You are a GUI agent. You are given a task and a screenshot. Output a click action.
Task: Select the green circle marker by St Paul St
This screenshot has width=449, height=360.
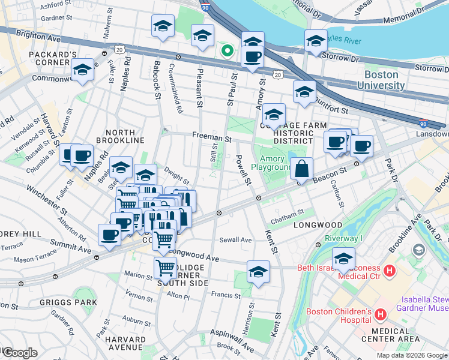coord(227,50)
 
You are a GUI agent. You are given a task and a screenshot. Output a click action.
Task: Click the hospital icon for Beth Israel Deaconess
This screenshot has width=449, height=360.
coord(389,271)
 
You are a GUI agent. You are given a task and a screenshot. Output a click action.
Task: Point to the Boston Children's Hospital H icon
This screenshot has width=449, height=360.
coord(379,314)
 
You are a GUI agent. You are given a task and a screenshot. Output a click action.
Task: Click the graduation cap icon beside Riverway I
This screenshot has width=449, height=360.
coord(344,259)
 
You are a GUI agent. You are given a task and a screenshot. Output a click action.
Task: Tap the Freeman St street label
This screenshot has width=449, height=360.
coord(212,138)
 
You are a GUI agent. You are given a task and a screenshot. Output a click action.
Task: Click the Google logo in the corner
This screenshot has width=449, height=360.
coord(19,353)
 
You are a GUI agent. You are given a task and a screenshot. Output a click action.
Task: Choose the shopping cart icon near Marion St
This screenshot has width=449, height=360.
coord(165,268)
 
